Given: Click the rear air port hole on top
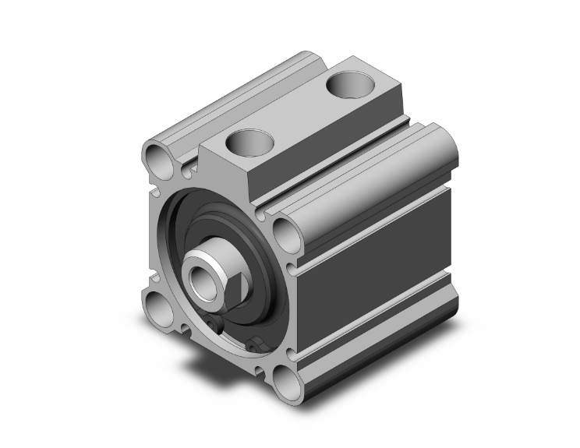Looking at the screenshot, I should [x=353, y=83].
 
